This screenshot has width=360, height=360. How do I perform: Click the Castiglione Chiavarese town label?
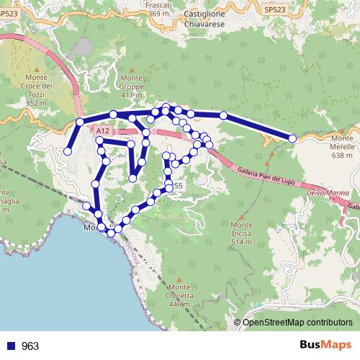coord(207,18)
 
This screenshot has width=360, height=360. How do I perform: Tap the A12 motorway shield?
coord(102,130)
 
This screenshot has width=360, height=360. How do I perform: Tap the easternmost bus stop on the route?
coord(292,138)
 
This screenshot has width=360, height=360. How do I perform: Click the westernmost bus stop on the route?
coord(68,151)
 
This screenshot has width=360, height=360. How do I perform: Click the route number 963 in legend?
coord(30,346)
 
